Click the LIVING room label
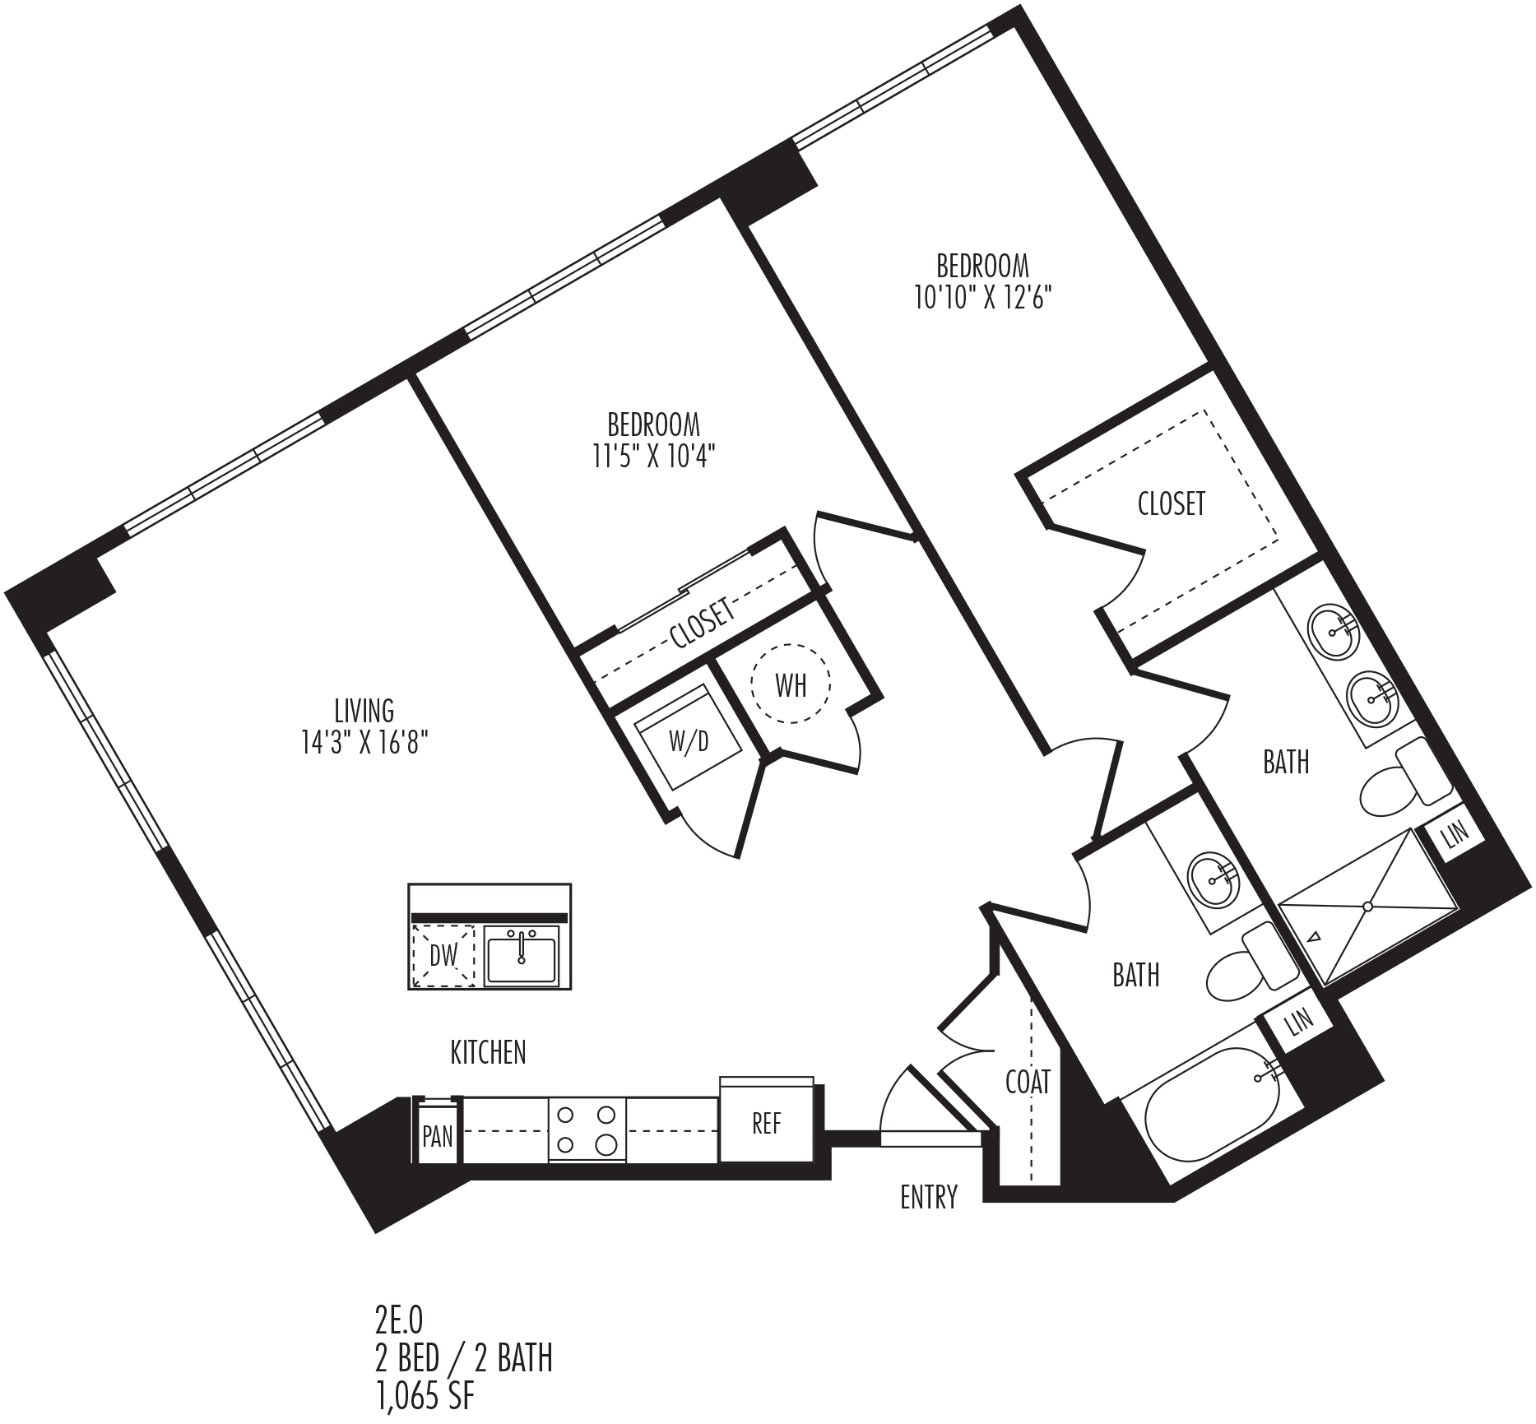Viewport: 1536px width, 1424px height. [x=364, y=709]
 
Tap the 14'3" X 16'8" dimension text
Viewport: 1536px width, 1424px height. [x=364, y=744]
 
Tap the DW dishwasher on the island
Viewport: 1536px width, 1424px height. [x=443, y=955]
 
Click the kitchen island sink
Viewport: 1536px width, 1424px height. [x=522, y=954]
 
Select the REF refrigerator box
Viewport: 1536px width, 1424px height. [x=766, y=1123]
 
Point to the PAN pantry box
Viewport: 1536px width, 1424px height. [x=437, y=1136]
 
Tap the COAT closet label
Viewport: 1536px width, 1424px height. [x=1028, y=1081]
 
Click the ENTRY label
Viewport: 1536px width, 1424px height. [x=929, y=1197]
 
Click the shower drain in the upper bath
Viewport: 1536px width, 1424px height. [x=1367, y=906]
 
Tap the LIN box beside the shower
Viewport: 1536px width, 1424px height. [x=1455, y=837]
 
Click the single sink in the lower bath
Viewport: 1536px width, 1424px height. [x=1213, y=879]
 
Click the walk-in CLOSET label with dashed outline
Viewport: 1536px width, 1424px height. [x=1171, y=503]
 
